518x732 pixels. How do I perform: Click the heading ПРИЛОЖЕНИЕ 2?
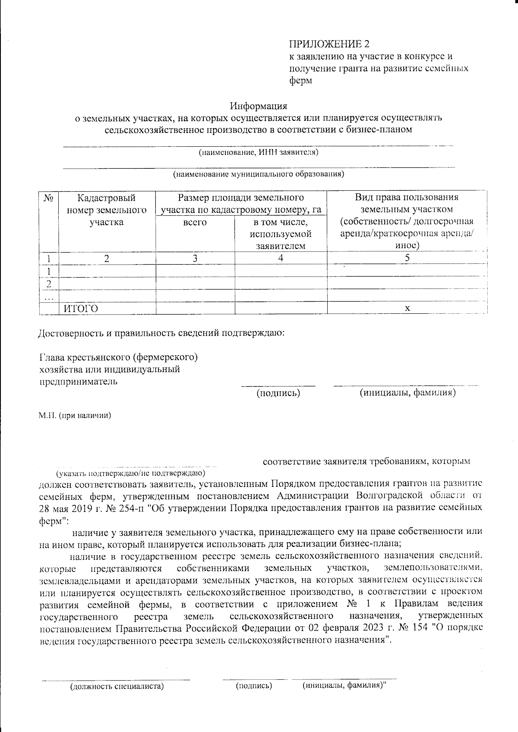pos(329,44)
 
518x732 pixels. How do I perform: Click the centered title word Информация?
pos(259,106)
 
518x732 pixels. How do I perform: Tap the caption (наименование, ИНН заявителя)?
pos(258,152)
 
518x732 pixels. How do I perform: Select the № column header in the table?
pos(48,199)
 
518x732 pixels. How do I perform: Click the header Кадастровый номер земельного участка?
pos(106,210)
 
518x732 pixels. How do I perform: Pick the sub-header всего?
pos(195,222)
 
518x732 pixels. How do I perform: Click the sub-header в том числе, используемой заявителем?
pos(281,234)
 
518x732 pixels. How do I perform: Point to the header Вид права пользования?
pos(406,198)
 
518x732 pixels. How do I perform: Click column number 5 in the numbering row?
pos(407,258)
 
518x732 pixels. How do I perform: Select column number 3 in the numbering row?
pos(195,258)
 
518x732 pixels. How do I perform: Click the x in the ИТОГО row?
pos(407,308)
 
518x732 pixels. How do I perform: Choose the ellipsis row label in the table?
pos(48,297)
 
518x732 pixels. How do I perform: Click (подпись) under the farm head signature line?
pos(278,393)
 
